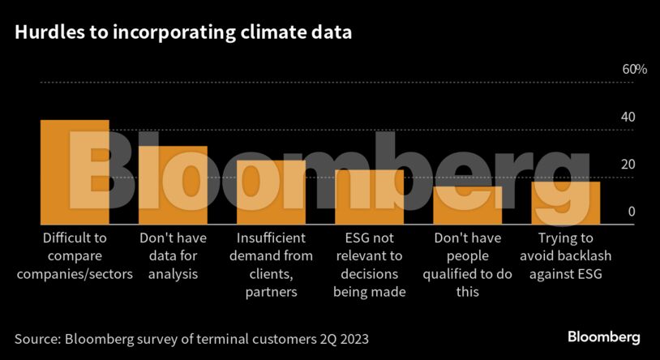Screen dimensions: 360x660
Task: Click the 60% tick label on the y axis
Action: [634, 70]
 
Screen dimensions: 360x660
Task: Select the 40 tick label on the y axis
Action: [628, 117]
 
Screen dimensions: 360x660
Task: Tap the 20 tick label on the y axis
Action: [628, 165]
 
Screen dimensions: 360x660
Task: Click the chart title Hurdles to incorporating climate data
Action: [183, 33]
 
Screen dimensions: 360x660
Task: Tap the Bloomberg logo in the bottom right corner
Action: [603, 336]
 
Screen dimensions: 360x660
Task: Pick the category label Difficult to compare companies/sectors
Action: [75, 255]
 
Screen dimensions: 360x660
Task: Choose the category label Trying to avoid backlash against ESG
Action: [566, 255]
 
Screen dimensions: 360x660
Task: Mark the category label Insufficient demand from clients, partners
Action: [271, 264]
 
